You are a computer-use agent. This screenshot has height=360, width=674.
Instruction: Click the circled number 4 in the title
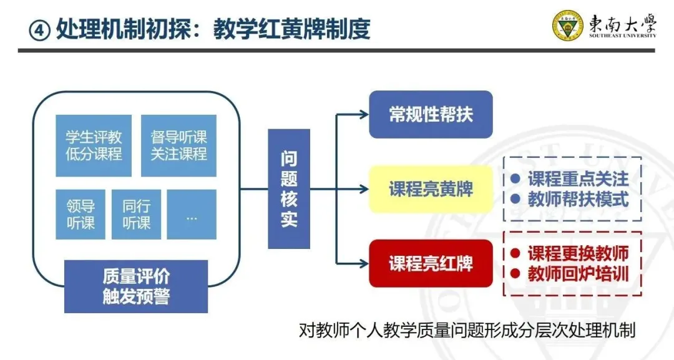[x=39, y=29]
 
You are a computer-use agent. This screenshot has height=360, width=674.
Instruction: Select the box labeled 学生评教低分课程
[x=94, y=145]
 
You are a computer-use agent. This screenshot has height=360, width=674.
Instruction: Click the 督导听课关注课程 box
[x=178, y=145]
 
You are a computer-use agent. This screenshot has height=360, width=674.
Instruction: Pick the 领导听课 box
[x=81, y=214]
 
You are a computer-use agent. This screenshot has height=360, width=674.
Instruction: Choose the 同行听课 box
[x=136, y=214]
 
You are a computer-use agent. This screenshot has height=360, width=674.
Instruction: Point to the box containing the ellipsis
[x=192, y=214]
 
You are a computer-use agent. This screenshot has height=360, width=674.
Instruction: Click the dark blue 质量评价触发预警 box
[x=136, y=286]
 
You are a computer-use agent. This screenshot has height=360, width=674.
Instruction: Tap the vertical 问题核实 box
[x=289, y=189]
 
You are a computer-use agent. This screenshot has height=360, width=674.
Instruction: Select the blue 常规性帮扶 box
[x=431, y=114]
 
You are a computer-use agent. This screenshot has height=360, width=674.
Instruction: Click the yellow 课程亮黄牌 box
[x=431, y=189]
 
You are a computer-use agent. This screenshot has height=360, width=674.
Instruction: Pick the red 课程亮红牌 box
[x=431, y=263]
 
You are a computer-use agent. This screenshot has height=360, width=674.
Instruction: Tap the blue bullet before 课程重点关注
[x=515, y=179]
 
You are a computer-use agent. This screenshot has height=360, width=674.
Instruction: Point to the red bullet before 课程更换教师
[x=515, y=253]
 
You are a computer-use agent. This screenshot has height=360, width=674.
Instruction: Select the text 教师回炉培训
[x=579, y=274]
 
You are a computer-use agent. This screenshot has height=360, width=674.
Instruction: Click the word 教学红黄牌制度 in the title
[x=291, y=29]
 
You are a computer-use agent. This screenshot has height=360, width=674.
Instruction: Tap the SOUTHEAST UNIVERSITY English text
[x=622, y=36]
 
